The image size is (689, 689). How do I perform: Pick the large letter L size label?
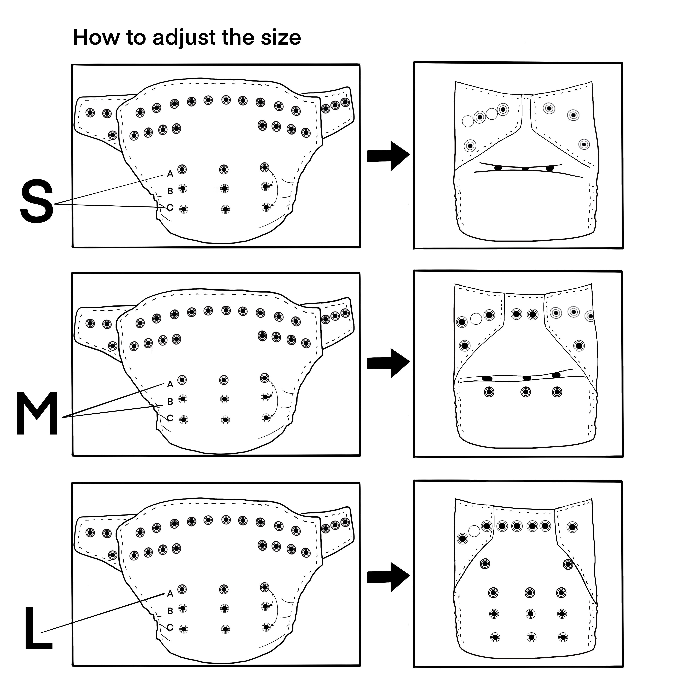38,628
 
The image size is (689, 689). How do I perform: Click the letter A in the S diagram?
170,174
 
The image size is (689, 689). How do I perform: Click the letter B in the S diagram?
170,191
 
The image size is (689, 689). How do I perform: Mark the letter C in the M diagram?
170,418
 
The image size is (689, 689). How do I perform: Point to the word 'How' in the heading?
96,37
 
